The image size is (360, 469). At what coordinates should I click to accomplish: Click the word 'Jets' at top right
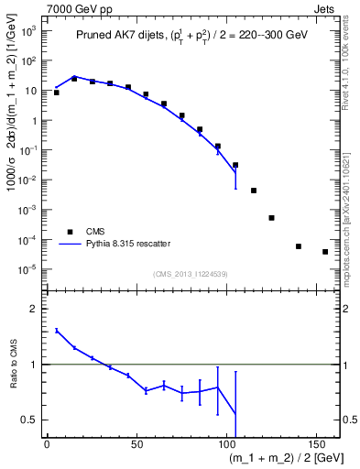(x=326, y=7)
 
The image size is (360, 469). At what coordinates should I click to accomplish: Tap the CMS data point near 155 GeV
(x=325, y=252)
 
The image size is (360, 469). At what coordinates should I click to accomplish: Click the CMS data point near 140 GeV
(x=299, y=245)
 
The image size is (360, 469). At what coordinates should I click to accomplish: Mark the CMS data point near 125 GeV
(x=271, y=218)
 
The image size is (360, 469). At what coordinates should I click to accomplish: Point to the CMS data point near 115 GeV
(x=253, y=191)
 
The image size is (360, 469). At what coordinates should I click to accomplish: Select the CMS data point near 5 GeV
(x=56, y=93)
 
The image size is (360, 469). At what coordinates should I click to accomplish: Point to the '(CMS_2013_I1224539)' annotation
(x=191, y=274)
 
